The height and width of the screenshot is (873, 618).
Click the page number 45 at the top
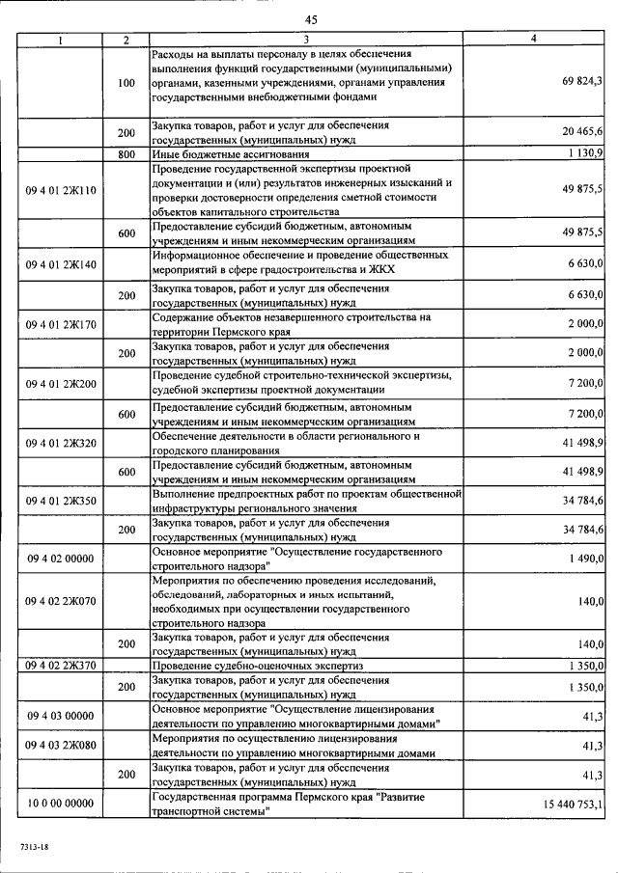click(310, 19)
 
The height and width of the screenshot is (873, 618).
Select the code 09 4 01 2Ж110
click(60, 191)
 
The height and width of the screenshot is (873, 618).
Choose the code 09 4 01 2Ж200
click(60, 384)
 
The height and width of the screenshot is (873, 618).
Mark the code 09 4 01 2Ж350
click(60, 502)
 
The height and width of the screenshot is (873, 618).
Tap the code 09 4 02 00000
click(60, 559)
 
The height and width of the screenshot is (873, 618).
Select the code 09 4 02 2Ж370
click(60, 666)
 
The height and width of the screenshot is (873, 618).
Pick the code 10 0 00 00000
click(60, 805)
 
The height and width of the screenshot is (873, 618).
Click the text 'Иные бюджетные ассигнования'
click(231, 153)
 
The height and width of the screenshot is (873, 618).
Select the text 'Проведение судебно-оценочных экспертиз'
click(257, 666)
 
